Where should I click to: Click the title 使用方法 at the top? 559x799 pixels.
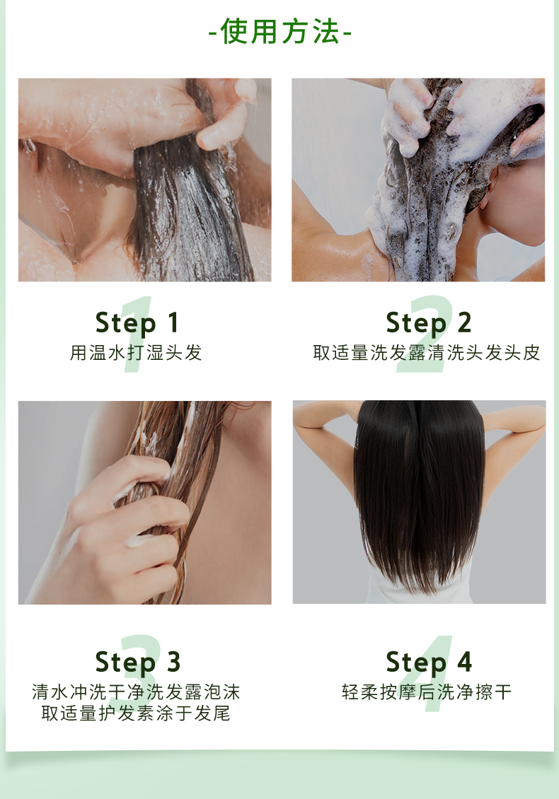click(280, 32)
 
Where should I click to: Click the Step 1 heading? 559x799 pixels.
click(137, 323)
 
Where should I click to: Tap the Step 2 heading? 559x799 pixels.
click(428, 323)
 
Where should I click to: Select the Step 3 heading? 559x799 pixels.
click(138, 663)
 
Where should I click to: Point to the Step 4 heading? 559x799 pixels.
click(429, 663)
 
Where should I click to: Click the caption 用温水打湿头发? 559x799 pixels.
click(136, 353)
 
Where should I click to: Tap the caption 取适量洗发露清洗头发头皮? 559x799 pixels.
click(427, 353)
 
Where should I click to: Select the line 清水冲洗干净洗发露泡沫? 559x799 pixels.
click(136, 692)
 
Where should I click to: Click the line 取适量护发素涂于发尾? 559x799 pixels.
click(136, 713)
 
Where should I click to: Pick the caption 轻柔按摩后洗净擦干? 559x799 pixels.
click(427, 692)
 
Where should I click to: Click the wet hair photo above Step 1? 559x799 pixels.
click(145, 180)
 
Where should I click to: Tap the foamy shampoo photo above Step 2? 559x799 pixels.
click(418, 180)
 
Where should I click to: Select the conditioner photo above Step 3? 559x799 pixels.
click(145, 503)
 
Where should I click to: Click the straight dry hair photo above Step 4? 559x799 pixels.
click(419, 502)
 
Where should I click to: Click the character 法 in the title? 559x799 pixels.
click(326, 32)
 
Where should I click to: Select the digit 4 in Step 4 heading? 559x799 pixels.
click(464, 662)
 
